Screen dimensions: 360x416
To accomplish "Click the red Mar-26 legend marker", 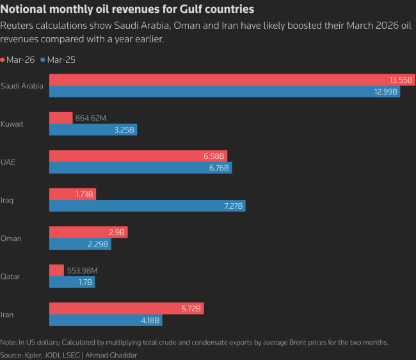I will (4, 60).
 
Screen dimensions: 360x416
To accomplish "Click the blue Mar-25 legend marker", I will (43, 60).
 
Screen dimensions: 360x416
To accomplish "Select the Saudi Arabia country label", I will (22, 86).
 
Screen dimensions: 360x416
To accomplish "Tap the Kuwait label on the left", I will (12, 124).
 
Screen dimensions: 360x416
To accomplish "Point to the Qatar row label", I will (10, 276).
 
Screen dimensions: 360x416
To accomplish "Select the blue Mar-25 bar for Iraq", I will (147, 206).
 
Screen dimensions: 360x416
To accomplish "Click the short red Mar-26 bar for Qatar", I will (56, 270).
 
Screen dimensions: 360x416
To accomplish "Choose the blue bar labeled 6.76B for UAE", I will (140, 168).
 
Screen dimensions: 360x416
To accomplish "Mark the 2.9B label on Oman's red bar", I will (117, 233).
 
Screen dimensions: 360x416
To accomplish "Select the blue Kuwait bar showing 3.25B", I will (93, 130).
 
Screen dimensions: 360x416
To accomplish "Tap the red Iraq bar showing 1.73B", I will (72, 194).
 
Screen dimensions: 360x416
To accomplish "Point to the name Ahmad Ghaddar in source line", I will (111, 354).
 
